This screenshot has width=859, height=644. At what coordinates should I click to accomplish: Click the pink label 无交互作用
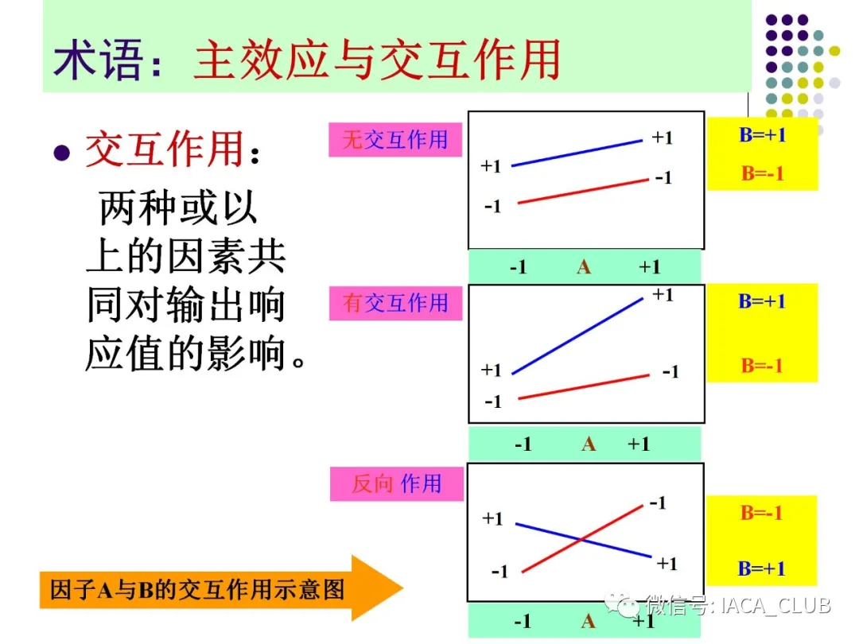(395, 140)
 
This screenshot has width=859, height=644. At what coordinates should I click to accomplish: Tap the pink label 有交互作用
(395, 303)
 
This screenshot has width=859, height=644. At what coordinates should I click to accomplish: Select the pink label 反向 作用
(397, 483)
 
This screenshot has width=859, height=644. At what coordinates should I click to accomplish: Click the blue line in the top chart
(577, 153)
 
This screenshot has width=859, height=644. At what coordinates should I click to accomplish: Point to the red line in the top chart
(584, 191)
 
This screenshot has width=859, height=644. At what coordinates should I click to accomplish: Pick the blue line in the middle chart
(577, 336)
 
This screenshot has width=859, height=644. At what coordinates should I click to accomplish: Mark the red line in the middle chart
(584, 386)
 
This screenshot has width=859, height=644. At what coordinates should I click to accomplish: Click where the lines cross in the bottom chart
(581, 539)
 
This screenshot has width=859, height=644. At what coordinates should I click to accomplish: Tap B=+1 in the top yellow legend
(762, 134)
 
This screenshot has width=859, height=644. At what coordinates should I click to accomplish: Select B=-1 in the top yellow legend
(763, 173)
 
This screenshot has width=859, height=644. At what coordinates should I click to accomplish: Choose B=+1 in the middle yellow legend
(761, 301)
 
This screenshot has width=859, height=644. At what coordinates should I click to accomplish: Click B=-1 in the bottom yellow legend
(761, 513)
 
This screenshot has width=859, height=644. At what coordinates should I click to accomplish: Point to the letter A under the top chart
(584, 267)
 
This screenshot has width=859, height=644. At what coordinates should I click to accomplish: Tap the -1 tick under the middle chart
(523, 444)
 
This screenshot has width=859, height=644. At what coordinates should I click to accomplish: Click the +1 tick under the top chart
(650, 267)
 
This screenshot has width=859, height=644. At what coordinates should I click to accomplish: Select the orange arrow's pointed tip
(403, 588)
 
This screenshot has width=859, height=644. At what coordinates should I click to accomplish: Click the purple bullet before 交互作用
(62, 152)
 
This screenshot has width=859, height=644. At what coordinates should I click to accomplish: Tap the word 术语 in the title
(98, 60)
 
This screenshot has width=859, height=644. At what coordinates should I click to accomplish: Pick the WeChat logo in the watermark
(622, 604)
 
